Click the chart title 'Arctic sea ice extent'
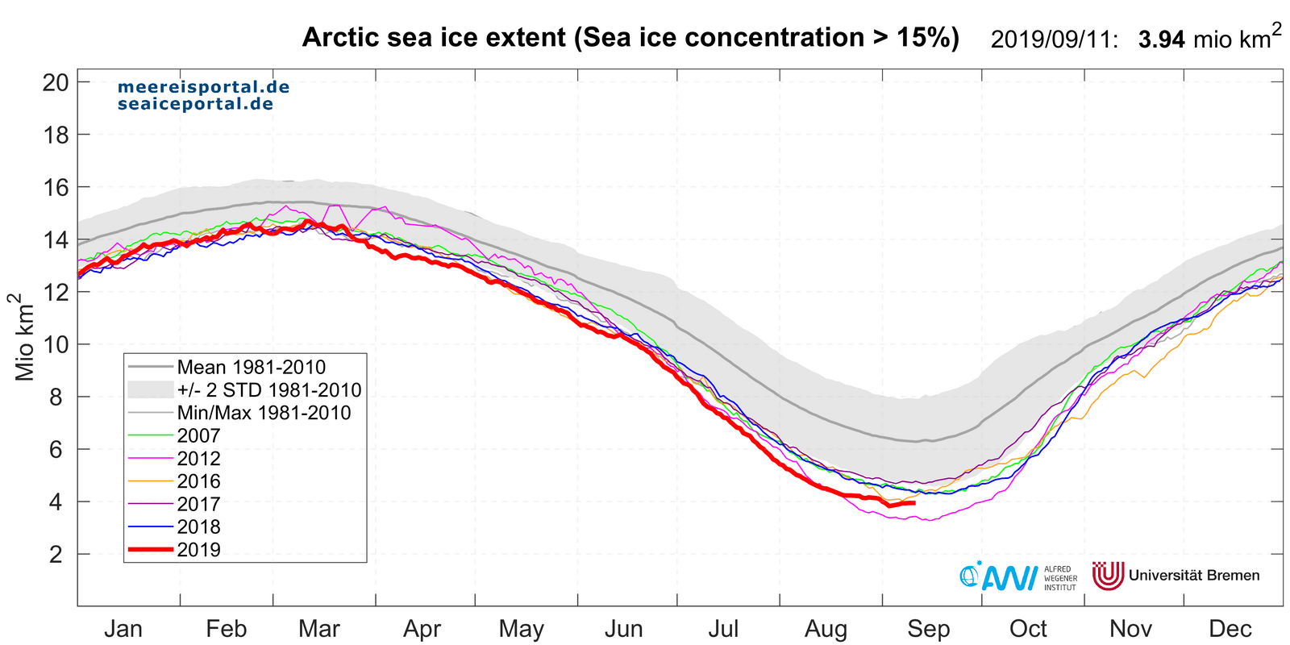[x=630, y=38]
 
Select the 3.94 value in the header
[x=1161, y=40]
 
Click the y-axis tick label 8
[x=56, y=397]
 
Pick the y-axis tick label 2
[x=56, y=554]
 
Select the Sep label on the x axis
[x=928, y=629]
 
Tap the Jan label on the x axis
[x=123, y=629]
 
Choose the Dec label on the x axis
[x=1230, y=629]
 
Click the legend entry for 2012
[x=198, y=459]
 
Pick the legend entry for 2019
[x=198, y=550]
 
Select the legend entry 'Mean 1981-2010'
[x=251, y=368]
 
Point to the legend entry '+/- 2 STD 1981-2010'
[x=268, y=390]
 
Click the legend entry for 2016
[x=198, y=481]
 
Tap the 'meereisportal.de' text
[x=203, y=87]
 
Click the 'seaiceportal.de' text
[x=195, y=104]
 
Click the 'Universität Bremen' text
[x=1193, y=576]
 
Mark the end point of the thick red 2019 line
[x=914, y=502]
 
